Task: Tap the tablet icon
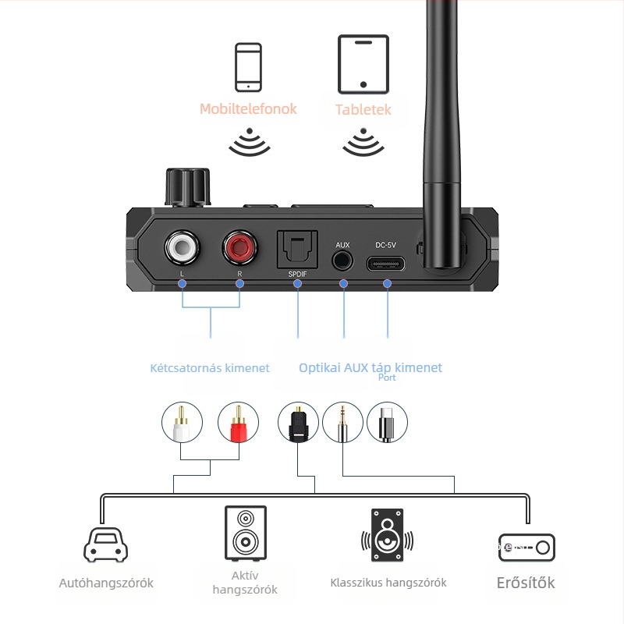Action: tap(363, 64)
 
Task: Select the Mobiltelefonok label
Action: tap(248, 108)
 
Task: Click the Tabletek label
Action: tap(363, 110)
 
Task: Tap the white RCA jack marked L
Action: tap(182, 249)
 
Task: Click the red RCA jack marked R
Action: tap(239, 249)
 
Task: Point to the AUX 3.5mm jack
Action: tap(342, 261)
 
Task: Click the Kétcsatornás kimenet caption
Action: tap(210, 368)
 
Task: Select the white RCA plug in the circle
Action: tap(182, 423)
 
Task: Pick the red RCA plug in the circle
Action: tap(238, 423)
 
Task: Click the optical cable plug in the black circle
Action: tap(298, 423)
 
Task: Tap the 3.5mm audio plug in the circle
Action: tap(342, 423)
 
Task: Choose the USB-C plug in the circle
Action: tap(387, 423)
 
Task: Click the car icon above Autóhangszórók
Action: tap(105, 543)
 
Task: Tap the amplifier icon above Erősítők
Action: tap(526, 547)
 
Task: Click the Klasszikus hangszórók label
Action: tap(388, 583)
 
